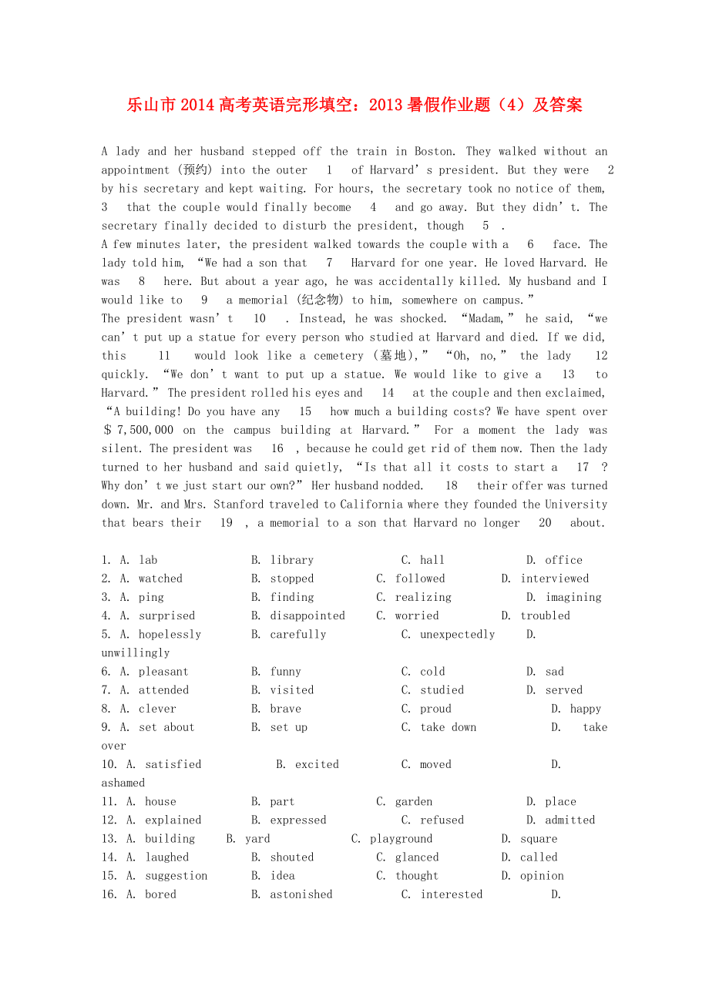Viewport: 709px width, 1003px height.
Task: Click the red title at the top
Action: click(354, 105)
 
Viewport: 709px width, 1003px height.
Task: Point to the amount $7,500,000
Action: click(139, 430)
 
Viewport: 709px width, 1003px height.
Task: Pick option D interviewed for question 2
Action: click(554, 579)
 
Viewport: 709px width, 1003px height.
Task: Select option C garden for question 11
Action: click(413, 802)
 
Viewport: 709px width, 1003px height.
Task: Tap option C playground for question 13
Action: click(401, 839)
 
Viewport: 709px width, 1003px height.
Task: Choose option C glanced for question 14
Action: click(416, 857)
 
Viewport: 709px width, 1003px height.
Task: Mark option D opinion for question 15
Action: click(542, 876)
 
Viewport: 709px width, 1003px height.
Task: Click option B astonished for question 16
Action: click(301, 894)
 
